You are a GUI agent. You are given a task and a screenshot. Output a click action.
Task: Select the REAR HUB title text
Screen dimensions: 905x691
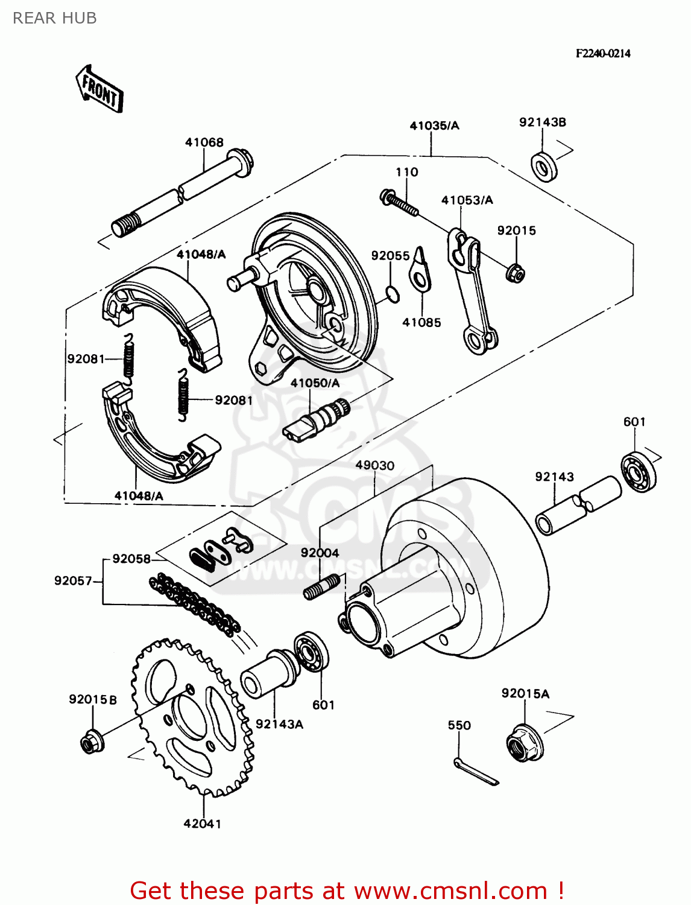pyautogui.click(x=54, y=18)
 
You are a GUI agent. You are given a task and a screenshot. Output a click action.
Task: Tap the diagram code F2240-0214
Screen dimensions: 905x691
pyautogui.click(x=602, y=53)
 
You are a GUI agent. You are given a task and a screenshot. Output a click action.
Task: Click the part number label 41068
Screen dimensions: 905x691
pyautogui.click(x=204, y=142)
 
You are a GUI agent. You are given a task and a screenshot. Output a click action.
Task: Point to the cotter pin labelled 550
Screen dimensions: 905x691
pyautogui.click(x=476, y=772)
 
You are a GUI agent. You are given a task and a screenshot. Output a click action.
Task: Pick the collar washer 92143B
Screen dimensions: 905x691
pyautogui.click(x=544, y=166)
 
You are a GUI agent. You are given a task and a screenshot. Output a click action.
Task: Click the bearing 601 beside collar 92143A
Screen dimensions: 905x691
pyautogui.click(x=312, y=652)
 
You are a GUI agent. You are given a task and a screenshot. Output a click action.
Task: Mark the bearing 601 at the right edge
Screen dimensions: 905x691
pyautogui.click(x=639, y=471)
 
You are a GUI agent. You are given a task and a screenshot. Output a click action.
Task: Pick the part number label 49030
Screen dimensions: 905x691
pyautogui.click(x=374, y=466)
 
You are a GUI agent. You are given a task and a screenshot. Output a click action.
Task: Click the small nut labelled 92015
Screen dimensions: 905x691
pyautogui.click(x=516, y=273)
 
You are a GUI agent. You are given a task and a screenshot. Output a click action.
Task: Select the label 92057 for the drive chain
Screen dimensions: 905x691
pyautogui.click(x=73, y=581)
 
